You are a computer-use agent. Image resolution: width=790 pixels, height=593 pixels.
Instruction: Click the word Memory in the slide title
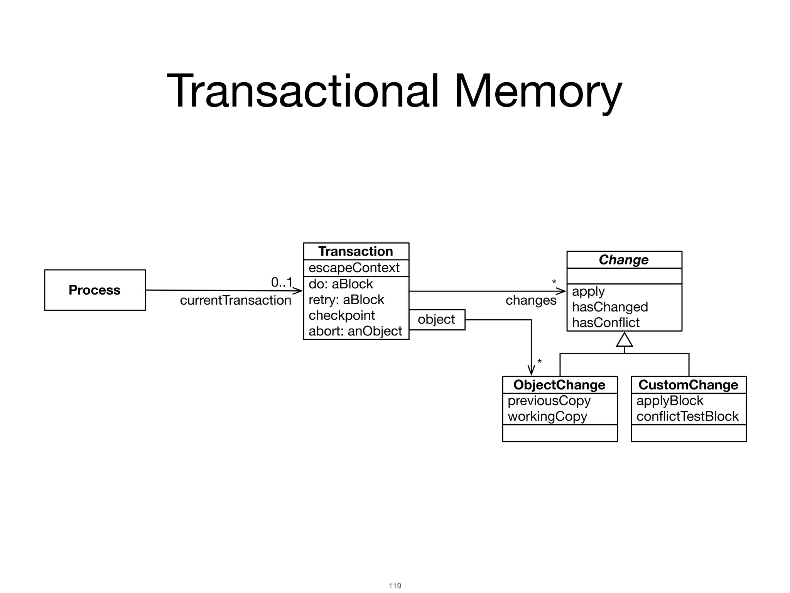tap(538, 91)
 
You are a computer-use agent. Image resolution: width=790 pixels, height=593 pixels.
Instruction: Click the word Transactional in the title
tap(302, 91)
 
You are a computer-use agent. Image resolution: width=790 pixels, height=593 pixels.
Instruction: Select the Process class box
tap(95, 290)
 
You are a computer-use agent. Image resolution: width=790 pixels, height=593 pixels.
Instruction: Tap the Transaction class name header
tap(356, 251)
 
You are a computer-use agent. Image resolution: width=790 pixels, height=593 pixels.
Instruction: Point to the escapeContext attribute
tap(354, 268)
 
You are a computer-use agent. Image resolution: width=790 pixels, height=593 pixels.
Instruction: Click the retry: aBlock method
tap(346, 300)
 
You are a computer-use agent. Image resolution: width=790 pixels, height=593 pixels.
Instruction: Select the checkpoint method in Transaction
tap(342, 315)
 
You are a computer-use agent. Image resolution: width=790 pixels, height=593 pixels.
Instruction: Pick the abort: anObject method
tap(355, 331)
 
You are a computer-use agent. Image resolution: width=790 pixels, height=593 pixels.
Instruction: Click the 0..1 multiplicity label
tap(282, 282)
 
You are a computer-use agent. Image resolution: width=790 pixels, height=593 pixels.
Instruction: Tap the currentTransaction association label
tap(235, 300)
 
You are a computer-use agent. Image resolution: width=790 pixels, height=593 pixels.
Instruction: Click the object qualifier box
tap(436, 320)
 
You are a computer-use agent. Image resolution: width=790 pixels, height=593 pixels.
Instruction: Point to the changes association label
tap(531, 300)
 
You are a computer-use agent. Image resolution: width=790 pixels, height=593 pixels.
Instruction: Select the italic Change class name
tap(624, 260)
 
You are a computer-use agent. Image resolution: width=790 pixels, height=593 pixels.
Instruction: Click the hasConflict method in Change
tap(606, 323)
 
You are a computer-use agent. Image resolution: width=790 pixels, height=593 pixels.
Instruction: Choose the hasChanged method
tap(610, 307)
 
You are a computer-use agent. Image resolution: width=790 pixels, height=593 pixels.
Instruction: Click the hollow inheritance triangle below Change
tap(624, 340)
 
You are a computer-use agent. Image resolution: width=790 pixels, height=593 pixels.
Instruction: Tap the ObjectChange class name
tap(559, 385)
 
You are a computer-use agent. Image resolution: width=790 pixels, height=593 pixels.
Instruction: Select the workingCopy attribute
tap(547, 417)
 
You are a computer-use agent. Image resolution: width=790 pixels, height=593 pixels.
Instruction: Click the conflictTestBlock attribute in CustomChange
tap(687, 417)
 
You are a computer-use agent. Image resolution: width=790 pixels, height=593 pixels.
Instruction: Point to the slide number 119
tap(395, 586)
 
